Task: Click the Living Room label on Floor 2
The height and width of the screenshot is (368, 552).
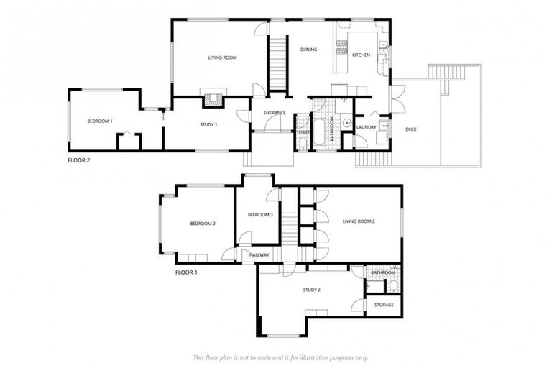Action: click(x=222, y=57)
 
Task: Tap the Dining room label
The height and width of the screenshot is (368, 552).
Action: click(x=309, y=50)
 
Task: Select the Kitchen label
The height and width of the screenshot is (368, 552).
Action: click(x=361, y=55)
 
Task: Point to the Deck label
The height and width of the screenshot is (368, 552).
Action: click(x=411, y=129)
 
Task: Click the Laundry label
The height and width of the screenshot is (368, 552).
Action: click(x=367, y=127)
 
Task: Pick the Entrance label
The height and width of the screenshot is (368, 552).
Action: click(x=275, y=113)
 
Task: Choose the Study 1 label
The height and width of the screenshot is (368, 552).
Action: click(x=208, y=125)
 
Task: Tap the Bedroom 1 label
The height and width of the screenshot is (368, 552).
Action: click(x=100, y=121)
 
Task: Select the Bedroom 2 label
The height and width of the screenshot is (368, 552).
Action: click(x=203, y=224)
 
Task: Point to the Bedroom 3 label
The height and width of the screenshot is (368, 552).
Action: click(x=260, y=215)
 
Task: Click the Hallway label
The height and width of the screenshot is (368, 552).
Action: click(x=259, y=254)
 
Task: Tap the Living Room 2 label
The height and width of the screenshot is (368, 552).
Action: click(x=359, y=221)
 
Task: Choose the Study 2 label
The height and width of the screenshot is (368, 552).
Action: click(x=311, y=290)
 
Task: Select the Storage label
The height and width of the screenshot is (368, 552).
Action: click(x=384, y=305)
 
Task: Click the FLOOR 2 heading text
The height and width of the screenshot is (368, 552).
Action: click(x=79, y=160)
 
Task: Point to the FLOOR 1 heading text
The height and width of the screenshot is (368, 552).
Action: click(x=186, y=272)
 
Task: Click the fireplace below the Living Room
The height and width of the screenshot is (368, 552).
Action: click(x=212, y=100)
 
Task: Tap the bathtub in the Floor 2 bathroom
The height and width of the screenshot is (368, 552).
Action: click(x=319, y=129)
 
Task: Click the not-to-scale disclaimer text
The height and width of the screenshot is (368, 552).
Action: click(x=281, y=357)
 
